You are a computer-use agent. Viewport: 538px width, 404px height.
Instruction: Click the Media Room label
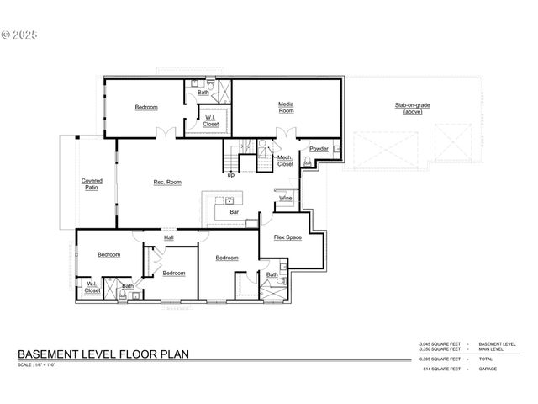pos(286,108)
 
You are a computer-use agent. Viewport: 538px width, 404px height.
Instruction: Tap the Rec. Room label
pos(167,183)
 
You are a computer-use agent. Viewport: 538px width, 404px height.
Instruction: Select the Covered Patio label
pos(92,183)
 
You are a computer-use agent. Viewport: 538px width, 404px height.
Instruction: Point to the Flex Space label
pos(287,237)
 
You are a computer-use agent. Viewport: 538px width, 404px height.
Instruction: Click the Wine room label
pos(285,198)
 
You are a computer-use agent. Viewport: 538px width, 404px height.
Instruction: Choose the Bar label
pos(224,213)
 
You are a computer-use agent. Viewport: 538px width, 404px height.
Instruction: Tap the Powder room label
pos(319,149)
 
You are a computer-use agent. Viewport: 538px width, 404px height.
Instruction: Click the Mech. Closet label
pos(286,160)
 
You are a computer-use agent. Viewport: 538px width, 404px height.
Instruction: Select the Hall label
pos(169,238)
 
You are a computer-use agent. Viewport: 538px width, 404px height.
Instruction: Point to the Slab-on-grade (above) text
pos(412,109)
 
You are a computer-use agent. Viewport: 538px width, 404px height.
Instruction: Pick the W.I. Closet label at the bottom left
pos(92,287)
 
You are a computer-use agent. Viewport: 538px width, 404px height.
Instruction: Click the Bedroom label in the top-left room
pos(146,107)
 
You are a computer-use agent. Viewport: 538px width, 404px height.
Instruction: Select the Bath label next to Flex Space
pos(272,274)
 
